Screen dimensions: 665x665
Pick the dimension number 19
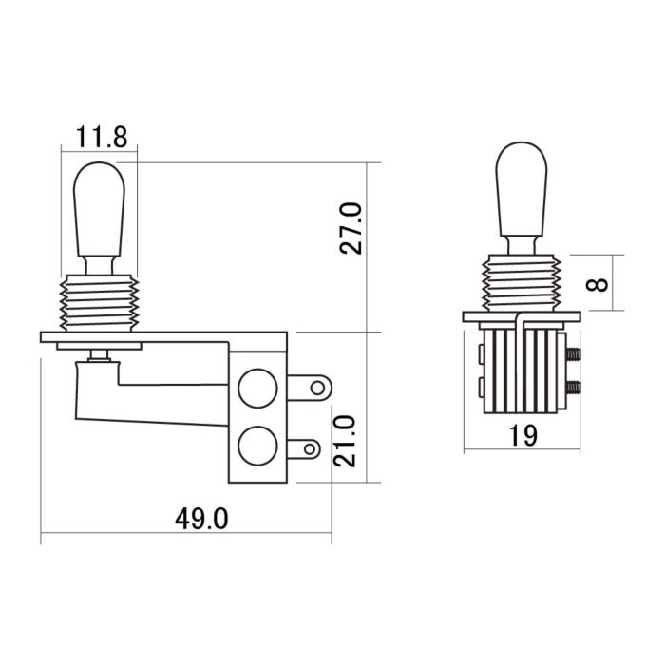pyautogui.click(x=522, y=435)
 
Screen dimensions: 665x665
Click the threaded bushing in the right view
pyautogui.click(x=522, y=283)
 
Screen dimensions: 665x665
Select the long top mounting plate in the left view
pyautogui.click(x=161, y=337)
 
